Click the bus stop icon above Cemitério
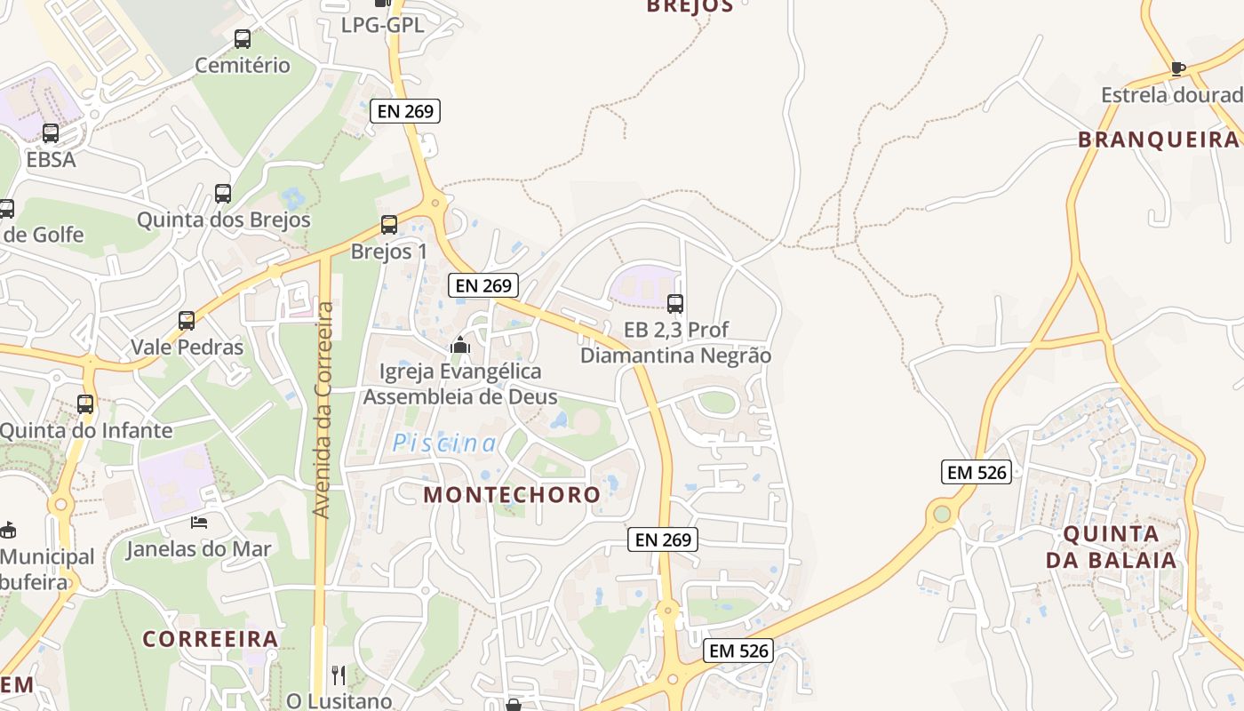pos(242,39)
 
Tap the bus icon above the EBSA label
pos(51,133)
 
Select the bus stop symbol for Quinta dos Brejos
pos(223,193)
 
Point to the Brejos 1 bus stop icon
pos(388,225)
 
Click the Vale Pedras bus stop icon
pos(187,320)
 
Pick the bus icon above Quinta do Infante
pos(85,404)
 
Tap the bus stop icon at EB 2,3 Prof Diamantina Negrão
pos(675,304)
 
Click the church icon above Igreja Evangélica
pos(459,345)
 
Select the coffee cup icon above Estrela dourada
pos(1177,68)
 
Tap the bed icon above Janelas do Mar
pos(199,523)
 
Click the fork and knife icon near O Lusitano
pos(338,675)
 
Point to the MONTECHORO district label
pos(512,495)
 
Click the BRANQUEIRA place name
pos(1158,140)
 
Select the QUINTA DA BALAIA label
pos(1111,547)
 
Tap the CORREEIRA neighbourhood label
pos(211,639)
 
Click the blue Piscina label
pos(445,443)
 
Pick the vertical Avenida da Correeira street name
pos(323,409)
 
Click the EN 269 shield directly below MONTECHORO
pos(663,539)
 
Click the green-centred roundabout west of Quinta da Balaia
pos(942,513)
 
